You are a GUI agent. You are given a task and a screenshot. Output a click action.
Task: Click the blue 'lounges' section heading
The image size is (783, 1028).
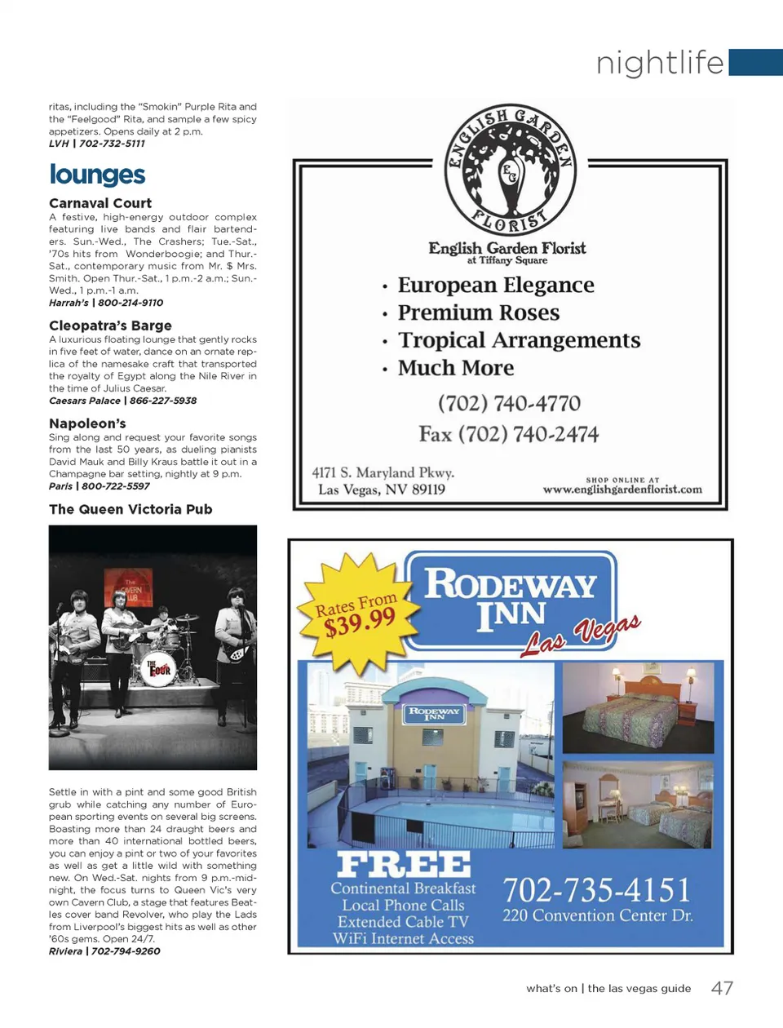(97, 175)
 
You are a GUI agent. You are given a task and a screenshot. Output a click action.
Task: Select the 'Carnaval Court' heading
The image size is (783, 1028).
(100, 203)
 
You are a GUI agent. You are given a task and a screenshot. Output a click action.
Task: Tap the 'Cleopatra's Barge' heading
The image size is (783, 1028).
(110, 326)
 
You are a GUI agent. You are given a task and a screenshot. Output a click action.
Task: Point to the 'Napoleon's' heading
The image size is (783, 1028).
(87, 423)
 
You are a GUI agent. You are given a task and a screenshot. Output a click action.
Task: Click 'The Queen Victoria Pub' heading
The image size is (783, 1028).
(130, 509)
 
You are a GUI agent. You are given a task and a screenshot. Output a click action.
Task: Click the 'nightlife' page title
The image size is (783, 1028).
(660, 63)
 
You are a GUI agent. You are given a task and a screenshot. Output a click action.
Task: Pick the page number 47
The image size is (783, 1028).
(722, 988)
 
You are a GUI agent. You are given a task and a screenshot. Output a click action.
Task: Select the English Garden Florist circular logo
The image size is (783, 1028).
(510, 171)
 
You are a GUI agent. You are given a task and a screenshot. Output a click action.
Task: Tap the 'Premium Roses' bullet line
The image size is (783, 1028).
(478, 313)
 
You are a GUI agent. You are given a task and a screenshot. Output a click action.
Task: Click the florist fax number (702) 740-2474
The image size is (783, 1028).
(509, 434)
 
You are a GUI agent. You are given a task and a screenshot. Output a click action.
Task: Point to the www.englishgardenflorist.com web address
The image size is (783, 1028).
(622, 490)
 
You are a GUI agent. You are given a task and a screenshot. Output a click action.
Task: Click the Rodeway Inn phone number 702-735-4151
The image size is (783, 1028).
(596, 889)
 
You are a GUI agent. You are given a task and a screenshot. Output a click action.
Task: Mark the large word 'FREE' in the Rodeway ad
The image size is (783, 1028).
(404, 865)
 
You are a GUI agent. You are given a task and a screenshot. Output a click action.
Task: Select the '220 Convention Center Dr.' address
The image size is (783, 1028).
(598, 915)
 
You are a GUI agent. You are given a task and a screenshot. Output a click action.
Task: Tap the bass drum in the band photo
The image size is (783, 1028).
(157, 667)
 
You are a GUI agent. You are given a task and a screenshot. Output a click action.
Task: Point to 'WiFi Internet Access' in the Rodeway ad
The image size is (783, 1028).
(403, 938)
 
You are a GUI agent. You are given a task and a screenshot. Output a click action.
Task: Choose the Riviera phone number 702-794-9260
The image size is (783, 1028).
(126, 951)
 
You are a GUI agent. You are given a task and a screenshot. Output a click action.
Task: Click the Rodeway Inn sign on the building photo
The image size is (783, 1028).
(434, 713)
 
